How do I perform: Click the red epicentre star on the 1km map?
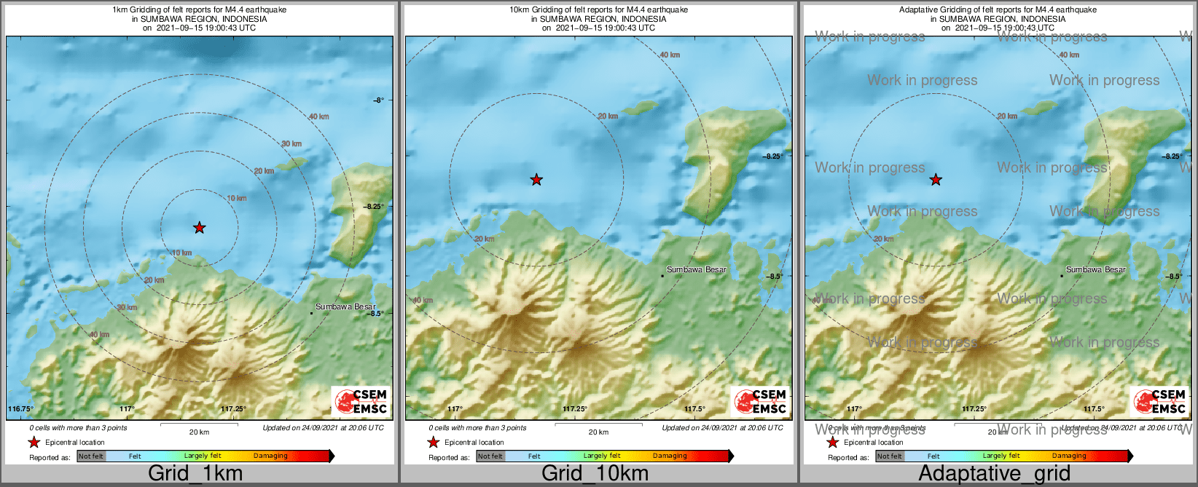coord(200,228)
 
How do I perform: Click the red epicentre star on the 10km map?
coord(536,179)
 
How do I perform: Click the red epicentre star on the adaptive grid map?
coord(936,179)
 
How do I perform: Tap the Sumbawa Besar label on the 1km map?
coord(345,306)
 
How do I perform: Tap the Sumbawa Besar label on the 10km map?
coord(697,269)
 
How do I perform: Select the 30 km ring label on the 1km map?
coord(291,143)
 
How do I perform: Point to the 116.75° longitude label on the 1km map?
coord(20,409)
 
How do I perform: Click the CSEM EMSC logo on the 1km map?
coord(361,401)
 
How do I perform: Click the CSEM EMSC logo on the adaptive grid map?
coord(1159,401)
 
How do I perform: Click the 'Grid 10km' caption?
coord(595,473)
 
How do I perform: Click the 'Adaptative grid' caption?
coord(994,473)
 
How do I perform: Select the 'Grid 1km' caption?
coord(195,473)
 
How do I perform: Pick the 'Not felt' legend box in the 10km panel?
coord(490,456)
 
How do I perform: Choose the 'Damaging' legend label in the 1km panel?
coord(270,456)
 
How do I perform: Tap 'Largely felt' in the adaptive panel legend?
coord(1001,456)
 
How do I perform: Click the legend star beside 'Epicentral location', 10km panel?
coord(433,442)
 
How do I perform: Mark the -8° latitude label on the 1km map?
coord(378,100)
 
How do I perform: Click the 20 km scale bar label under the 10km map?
coord(598,432)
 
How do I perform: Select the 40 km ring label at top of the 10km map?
coord(670,55)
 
